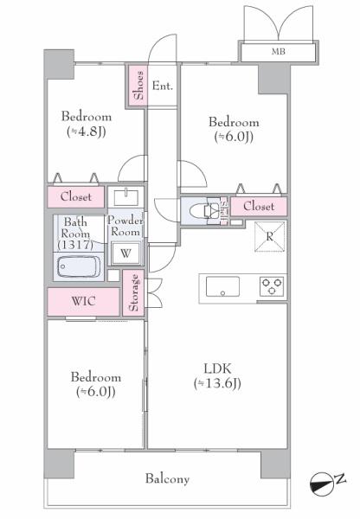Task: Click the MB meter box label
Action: pos(278,52)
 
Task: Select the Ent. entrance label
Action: pos(163,86)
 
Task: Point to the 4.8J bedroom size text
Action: pos(87,131)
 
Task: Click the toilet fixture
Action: pos(202,211)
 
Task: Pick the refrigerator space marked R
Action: pos(270,237)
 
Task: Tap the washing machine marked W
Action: pos(125,253)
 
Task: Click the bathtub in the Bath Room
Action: pos(79,266)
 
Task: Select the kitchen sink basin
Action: pos(222,286)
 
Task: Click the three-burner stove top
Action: pos(272,286)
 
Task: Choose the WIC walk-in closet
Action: pos(83,302)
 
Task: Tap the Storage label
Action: pos(134,292)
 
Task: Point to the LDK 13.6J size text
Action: pos(217,383)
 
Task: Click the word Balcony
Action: pos(167,479)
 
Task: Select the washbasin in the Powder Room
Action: pos(125,197)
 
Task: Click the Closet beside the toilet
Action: pos(259,207)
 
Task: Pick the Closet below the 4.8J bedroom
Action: pos(76,197)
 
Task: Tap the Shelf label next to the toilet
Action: pos(224,211)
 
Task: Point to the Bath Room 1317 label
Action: pos(75,234)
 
